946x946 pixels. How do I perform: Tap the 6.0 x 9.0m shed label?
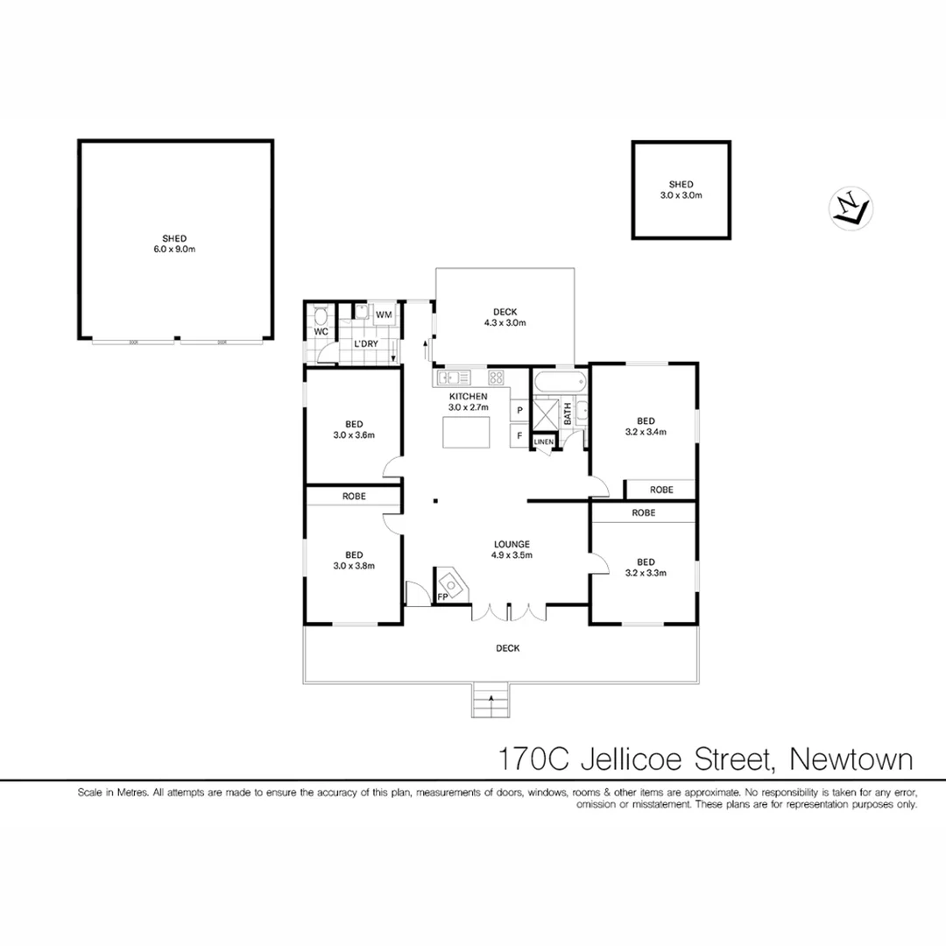[x=174, y=244]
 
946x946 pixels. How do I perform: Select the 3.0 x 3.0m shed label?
[x=681, y=190]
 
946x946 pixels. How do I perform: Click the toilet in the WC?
[x=321, y=315]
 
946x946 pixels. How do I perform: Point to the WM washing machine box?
[x=384, y=314]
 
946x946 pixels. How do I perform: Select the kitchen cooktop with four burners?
[x=495, y=378]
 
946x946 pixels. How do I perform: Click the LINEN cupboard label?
[x=543, y=443]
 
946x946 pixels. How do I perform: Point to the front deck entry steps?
[x=491, y=700]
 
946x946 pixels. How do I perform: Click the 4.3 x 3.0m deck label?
[x=505, y=317]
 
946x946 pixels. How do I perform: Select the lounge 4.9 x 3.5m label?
[x=512, y=549]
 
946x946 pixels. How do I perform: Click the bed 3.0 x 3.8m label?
[x=354, y=560]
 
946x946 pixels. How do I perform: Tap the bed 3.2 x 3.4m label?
[x=646, y=425]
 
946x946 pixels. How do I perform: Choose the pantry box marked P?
[x=519, y=410]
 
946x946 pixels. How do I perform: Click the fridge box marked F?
[x=519, y=435]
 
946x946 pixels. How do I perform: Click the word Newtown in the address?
[x=851, y=758]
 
